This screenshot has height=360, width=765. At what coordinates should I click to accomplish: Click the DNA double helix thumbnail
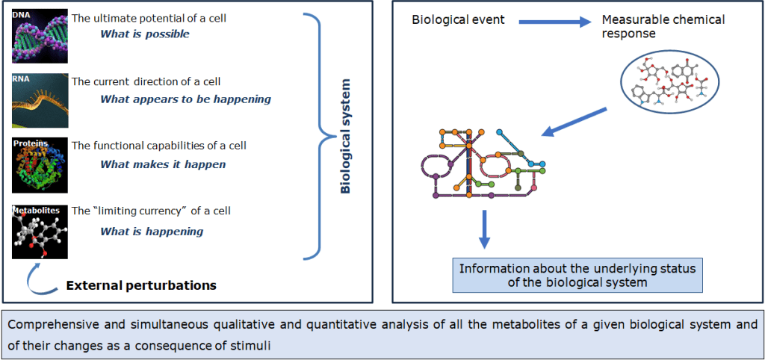click(x=40, y=35)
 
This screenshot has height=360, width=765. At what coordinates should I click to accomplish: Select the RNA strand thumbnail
click(x=40, y=100)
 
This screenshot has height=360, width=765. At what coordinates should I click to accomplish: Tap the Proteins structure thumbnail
click(x=40, y=165)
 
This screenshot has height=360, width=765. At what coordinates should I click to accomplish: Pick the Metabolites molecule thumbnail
click(x=40, y=232)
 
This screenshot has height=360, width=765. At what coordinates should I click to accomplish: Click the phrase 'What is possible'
click(x=145, y=34)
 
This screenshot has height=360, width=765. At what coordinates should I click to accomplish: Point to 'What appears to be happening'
click(x=185, y=99)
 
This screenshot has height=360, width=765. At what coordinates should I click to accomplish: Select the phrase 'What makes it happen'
click(x=163, y=164)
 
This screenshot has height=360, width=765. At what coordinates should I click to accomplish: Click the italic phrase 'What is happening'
click(x=152, y=231)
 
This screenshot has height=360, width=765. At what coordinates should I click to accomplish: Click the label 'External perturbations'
click(x=141, y=285)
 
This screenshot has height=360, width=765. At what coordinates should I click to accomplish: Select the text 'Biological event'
click(x=459, y=19)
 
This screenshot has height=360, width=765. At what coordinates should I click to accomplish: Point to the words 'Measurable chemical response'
click(x=663, y=26)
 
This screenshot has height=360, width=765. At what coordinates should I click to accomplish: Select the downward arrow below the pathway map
click(x=485, y=229)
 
